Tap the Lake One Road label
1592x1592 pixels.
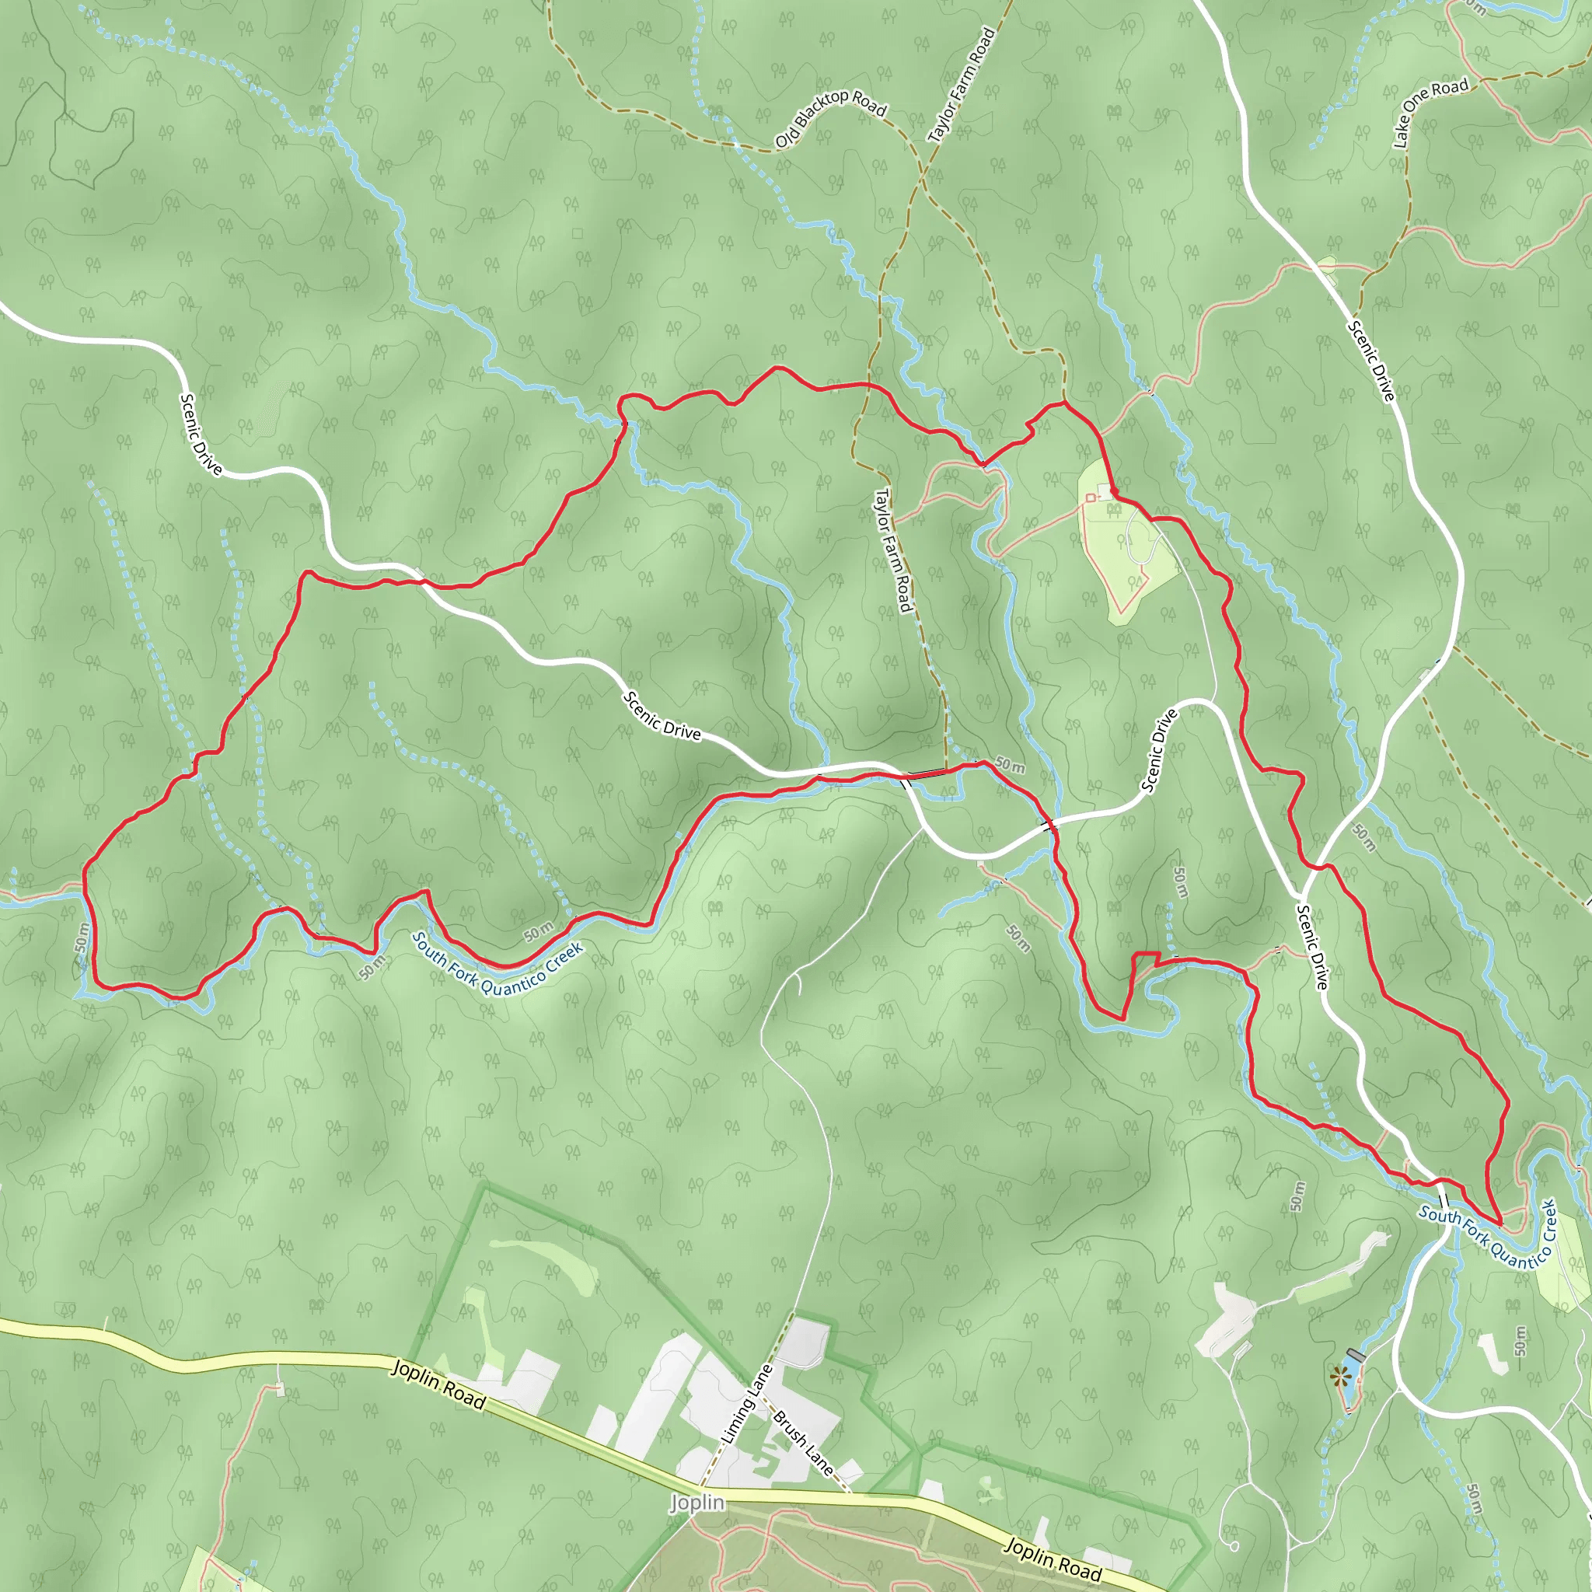coord(1430,112)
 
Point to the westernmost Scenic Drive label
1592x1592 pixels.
coord(201,434)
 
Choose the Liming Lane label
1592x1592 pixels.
coord(747,1403)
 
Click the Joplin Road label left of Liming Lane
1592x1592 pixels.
coord(438,1385)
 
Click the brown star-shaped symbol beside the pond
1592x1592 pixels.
coord(1339,1374)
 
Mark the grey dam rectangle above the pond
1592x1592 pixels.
coord(1356,1355)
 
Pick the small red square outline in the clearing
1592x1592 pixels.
coord(1090,497)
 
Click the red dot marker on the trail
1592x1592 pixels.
coord(1114,491)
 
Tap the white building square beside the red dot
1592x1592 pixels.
coord(1104,491)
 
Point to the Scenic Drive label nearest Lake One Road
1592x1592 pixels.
coord(1371,360)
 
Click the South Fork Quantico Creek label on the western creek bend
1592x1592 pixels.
coord(497,964)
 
